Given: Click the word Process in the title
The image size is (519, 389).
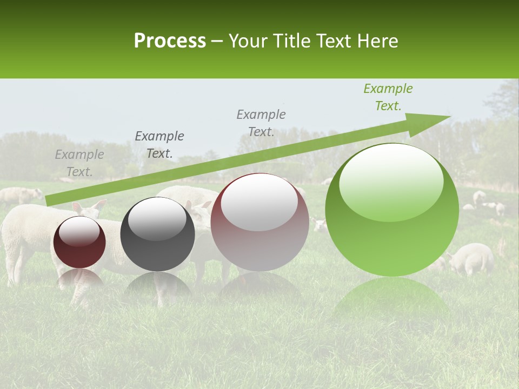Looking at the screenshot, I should [170, 41].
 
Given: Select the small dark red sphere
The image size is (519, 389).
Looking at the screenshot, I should [79, 242].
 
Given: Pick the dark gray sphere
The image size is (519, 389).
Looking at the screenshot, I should [157, 234].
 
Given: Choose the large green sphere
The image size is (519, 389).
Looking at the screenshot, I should [392, 210].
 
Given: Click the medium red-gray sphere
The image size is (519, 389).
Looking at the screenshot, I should [259, 222].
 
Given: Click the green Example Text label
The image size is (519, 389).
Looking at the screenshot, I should [388, 97].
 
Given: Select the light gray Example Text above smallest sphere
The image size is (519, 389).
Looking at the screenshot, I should [79, 163].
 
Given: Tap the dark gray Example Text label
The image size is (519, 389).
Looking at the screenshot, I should [159, 145].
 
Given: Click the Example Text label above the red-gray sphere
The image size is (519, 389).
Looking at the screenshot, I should [261, 123].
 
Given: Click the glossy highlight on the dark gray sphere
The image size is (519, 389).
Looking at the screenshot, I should [157, 219].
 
